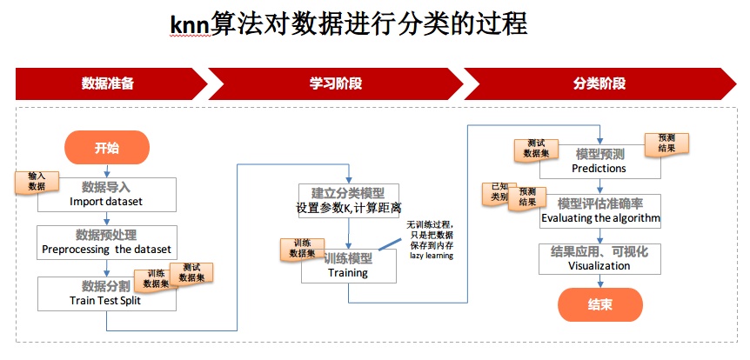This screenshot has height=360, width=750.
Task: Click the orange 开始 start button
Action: (x=106, y=148)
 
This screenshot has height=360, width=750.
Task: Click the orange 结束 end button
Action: (x=599, y=305)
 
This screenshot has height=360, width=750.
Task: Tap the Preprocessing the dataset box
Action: (x=107, y=242)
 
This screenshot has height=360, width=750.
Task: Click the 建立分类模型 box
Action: (x=348, y=200)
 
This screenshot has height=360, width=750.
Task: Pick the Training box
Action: (x=348, y=265)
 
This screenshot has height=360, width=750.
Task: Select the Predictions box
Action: (x=599, y=161)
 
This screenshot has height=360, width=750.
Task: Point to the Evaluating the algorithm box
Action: (x=600, y=210)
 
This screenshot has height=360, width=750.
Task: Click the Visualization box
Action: (x=599, y=258)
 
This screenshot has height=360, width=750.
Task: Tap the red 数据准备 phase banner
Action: (x=109, y=84)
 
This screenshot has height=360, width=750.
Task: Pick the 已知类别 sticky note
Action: (x=499, y=191)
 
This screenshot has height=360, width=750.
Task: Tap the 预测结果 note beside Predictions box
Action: (x=666, y=143)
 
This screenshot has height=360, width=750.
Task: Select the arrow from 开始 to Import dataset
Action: (x=106, y=170)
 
